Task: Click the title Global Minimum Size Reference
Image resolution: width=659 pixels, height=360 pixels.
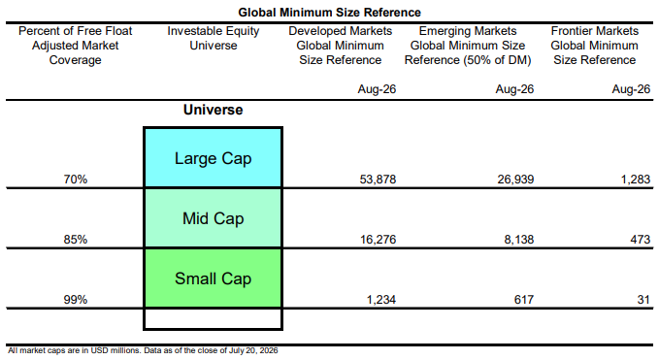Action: coord(330,13)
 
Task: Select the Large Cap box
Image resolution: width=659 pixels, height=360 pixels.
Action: coord(214,158)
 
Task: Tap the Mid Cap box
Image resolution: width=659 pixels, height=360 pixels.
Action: coord(214,218)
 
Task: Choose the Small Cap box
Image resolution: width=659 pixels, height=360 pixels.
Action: coord(214,278)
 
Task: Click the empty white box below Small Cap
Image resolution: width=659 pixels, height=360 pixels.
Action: coord(214,319)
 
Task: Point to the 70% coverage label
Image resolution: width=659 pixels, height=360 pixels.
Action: coord(76,180)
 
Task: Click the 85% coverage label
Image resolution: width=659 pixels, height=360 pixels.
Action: coord(76,240)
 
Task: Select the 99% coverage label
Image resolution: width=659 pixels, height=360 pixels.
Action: coord(76,300)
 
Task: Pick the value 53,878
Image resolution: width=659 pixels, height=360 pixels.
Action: coord(378,180)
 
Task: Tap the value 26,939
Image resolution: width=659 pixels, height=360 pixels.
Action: coord(515,180)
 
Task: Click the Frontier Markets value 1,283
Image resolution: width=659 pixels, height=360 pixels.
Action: coord(636,180)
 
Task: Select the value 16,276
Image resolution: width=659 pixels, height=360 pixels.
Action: coord(378,240)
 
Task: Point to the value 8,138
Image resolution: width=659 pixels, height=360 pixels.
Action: coord(519,240)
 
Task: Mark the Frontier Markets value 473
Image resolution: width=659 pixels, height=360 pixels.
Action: coord(641,240)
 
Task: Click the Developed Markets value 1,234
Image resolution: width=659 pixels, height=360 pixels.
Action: coord(381,300)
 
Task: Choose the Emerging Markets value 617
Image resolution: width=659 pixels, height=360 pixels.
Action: coord(524,300)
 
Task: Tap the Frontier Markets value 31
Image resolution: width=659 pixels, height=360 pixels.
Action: coord(643,300)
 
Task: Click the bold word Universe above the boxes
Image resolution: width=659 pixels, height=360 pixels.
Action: coord(214,110)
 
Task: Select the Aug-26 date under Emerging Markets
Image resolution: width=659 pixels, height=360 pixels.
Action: coord(514,89)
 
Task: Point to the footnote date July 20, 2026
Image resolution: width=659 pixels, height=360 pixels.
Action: coord(253,350)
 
